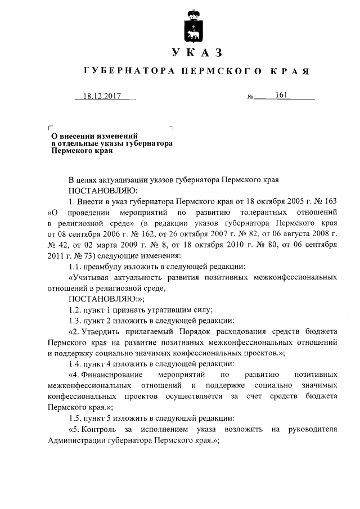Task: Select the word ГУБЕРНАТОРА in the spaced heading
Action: point(127,72)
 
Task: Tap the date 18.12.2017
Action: point(102,96)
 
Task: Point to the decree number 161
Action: point(282,95)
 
